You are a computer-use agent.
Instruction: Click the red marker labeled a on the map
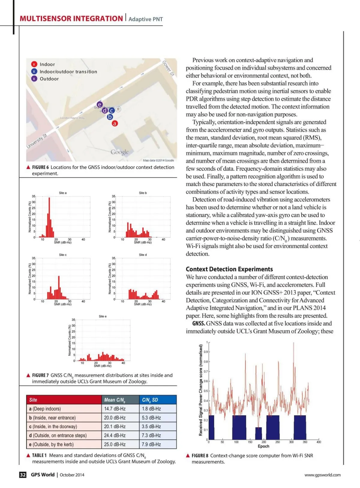pos(115,123)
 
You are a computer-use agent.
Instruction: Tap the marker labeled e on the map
pos(100,105)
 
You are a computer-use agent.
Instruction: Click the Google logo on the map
pos(119,152)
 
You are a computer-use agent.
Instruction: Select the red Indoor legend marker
pos(34,64)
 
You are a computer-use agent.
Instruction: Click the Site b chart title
pos(143,193)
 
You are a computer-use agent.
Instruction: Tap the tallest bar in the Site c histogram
pos(59,287)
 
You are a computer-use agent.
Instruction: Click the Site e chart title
pos(103,316)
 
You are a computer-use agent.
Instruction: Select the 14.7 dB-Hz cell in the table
pos(115,409)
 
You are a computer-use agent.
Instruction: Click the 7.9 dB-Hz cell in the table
pos(151,444)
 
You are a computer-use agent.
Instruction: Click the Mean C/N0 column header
pos(115,400)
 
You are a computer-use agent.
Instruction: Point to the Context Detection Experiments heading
pos(229,269)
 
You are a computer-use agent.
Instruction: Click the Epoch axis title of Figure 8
pos(263,446)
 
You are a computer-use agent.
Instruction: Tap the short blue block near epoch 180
pos(258,434)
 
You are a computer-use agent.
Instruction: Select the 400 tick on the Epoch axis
pos(319,442)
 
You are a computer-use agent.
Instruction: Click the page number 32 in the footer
pos(23,475)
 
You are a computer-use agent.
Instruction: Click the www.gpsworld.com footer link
pos(322,475)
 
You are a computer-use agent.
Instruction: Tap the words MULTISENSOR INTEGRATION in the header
pos(71,19)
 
